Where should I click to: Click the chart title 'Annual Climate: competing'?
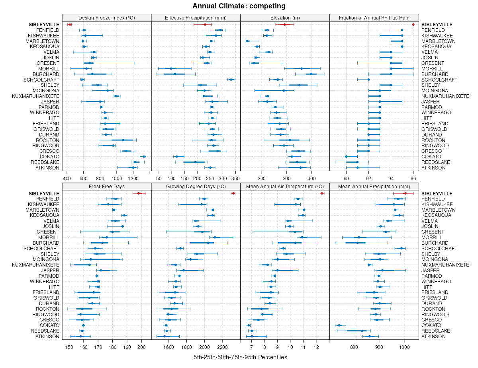click(239, 6)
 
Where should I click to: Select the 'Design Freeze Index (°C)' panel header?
click(106, 18)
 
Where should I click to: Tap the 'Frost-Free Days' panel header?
click(106, 186)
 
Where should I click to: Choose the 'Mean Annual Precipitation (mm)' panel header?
click(374, 186)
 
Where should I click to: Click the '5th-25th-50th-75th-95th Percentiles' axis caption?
click(240, 357)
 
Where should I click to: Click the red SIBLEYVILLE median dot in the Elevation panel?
click(284, 25)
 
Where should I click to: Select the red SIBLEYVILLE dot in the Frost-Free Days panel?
click(139, 193)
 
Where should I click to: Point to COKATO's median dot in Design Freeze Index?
click(144, 157)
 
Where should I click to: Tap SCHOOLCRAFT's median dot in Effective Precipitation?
click(231, 80)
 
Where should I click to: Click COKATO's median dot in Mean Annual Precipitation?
click(339, 325)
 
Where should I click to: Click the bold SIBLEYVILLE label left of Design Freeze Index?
click(44, 25)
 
